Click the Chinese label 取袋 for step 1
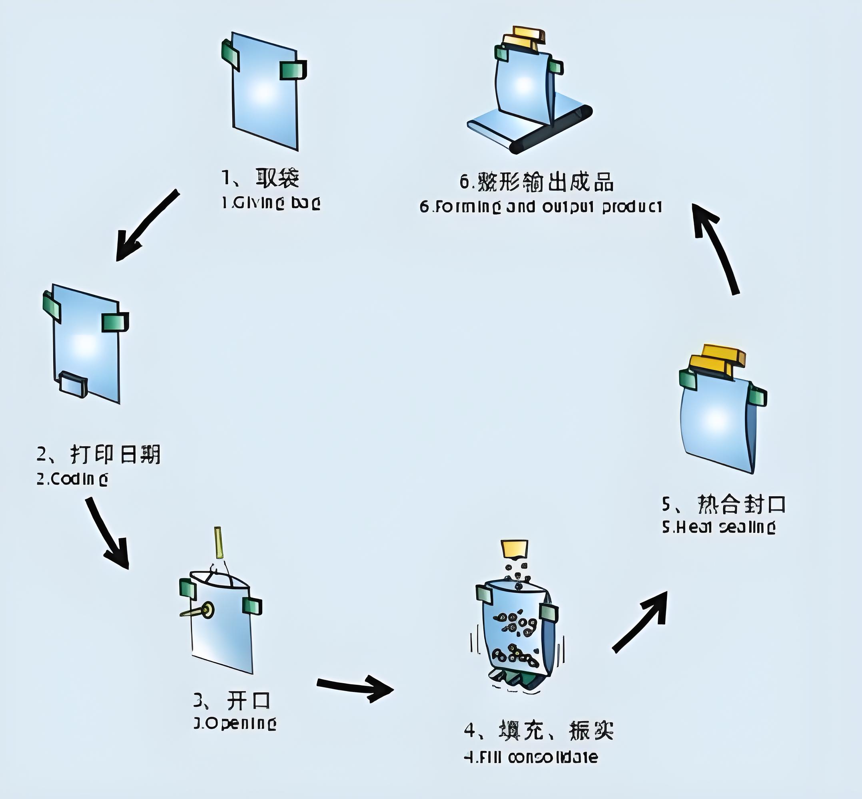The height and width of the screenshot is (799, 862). [x=277, y=178]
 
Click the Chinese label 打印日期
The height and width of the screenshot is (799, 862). [x=115, y=454]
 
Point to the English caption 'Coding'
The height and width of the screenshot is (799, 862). [x=72, y=479]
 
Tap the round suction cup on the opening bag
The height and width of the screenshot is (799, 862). [x=208, y=610]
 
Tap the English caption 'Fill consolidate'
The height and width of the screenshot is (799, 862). [x=531, y=757]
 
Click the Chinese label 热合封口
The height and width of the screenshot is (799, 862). [x=741, y=504]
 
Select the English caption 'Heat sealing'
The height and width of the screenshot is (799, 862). [x=719, y=527]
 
